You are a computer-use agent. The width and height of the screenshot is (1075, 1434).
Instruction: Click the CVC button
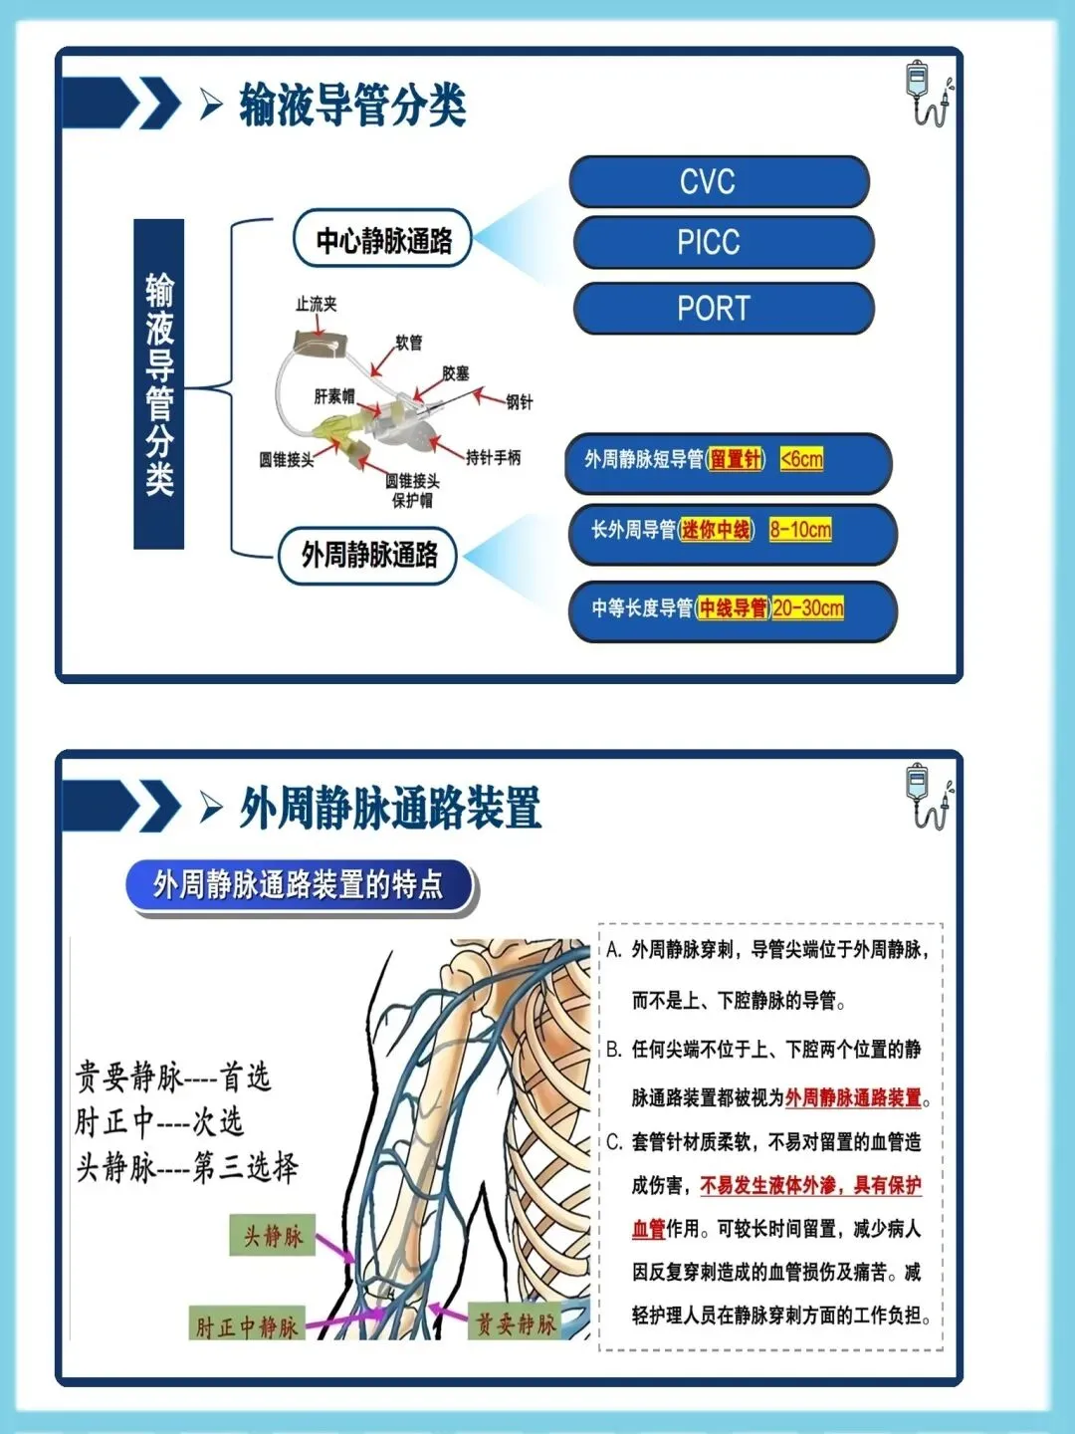pos(719,181)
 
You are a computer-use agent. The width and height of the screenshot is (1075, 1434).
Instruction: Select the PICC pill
pos(723,242)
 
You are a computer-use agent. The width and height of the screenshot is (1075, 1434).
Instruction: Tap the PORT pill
pos(724,308)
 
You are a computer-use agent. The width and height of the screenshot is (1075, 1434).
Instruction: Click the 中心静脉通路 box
pos(383,240)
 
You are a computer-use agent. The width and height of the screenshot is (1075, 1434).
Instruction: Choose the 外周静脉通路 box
pos(369,555)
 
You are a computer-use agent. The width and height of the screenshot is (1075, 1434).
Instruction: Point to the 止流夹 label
pos(316,304)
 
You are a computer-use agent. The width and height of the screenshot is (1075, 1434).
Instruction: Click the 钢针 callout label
pos(519,401)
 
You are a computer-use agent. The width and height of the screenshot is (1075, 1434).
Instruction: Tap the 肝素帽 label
pos(333,396)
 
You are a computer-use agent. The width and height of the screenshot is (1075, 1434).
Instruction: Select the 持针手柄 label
pos(493,457)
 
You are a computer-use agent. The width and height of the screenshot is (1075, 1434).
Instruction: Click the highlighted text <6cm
pos(801,459)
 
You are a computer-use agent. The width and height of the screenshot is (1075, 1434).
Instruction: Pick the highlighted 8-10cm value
pos(800,530)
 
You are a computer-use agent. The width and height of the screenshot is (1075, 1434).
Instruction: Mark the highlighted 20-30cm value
pos(808,607)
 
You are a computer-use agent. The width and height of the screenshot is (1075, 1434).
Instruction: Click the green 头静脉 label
pos(272,1236)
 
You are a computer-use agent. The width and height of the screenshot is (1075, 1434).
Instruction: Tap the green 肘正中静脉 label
pos(246,1325)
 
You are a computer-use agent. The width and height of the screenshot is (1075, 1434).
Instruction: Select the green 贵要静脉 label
pos(515,1322)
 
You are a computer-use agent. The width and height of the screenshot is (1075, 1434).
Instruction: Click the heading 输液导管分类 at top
pos(352,106)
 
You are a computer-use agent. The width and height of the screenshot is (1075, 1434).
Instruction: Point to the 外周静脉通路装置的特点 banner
pos(299,884)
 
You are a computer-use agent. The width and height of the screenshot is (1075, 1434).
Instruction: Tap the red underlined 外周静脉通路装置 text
pos(854,1097)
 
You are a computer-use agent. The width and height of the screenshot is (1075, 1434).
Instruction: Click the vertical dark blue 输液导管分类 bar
pos(159,383)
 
